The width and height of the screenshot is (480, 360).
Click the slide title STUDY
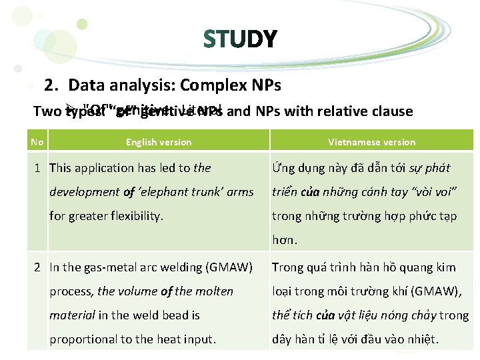[239, 39]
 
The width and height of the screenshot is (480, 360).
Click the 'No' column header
[37, 141]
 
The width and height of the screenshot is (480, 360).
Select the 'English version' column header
[159, 142]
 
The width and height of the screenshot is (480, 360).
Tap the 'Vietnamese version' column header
[371, 142]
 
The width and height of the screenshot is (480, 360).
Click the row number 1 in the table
[39, 168]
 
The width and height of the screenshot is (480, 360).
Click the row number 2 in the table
[39, 267]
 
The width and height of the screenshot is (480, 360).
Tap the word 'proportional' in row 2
[83, 339]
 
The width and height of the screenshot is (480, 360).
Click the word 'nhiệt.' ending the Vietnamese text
[423, 339]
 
